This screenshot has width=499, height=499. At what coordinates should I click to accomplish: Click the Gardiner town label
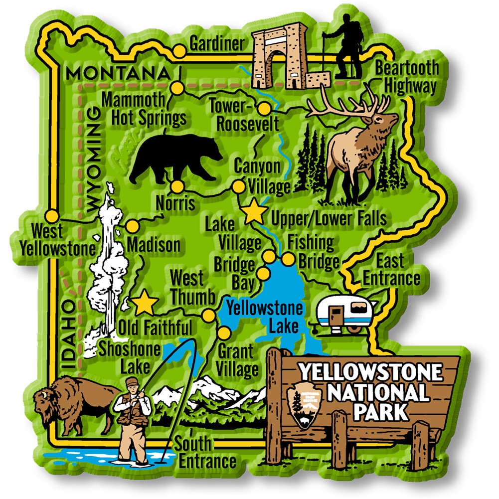click(x=217, y=43)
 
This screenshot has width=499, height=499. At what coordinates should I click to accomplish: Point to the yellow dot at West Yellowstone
click(x=51, y=216)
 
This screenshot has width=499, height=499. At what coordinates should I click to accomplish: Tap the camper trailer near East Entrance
click(x=344, y=313)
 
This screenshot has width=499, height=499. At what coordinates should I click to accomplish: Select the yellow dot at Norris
click(x=177, y=187)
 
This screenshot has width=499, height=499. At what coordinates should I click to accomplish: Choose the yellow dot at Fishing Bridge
click(x=288, y=259)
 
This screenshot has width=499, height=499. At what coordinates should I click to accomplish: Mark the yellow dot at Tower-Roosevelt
click(x=264, y=108)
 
